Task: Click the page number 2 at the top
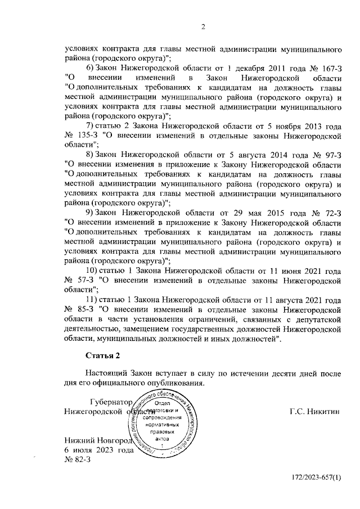(x=204, y=26)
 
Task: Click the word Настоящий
(x=107, y=373)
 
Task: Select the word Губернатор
(x=111, y=402)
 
